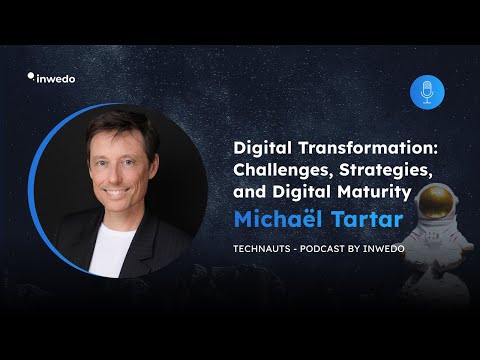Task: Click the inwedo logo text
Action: [x=56, y=79]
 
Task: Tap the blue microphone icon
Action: [x=427, y=92]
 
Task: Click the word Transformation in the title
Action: [x=368, y=148]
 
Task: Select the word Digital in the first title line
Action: [x=262, y=148]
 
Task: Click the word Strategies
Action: [x=386, y=170]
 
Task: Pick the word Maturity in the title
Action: [x=374, y=192]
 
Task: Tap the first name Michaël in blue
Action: [x=278, y=219]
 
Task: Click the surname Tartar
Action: [x=367, y=219]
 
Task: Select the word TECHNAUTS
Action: [x=262, y=249]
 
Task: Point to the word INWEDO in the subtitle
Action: [x=384, y=249]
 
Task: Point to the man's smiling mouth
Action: [x=116, y=192]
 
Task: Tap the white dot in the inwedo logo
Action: [x=31, y=76]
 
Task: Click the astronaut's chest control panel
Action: [x=433, y=235]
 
